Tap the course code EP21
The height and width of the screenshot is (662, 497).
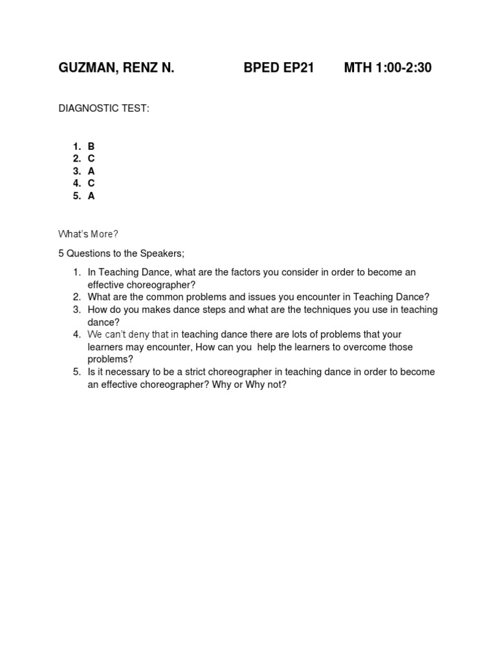(298, 68)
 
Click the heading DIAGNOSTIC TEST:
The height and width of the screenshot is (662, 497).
(104, 109)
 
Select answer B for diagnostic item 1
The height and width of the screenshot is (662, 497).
(91, 147)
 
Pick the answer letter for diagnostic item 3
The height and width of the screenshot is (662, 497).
(91, 171)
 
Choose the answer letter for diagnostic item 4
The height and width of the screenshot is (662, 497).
(91, 184)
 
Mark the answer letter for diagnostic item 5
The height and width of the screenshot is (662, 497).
(91, 196)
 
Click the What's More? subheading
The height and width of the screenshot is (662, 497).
(88, 234)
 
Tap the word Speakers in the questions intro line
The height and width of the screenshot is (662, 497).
(164, 253)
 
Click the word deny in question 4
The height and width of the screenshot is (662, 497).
(140, 335)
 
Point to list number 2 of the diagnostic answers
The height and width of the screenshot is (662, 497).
(76, 159)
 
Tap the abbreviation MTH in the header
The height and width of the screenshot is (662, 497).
(358, 68)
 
